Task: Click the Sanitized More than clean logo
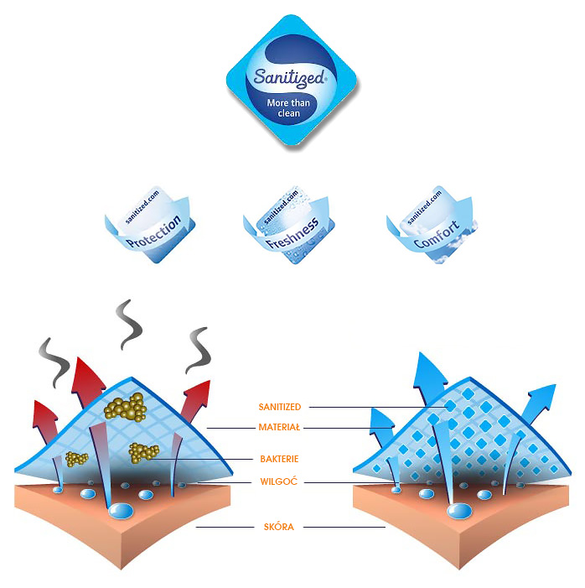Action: (x=292, y=84)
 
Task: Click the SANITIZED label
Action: (x=280, y=407)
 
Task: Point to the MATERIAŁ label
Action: (x=279, y=427)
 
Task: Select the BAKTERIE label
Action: (x=280, y=459)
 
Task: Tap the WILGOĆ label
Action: (x=280, y=481)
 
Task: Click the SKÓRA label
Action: (x=281, y=527)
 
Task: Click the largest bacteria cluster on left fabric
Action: (x=126, y=407)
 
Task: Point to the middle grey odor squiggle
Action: (x=128, y=324)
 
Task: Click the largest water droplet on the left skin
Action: (x=122, y=511)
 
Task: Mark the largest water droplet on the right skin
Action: (x=459, y=511)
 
